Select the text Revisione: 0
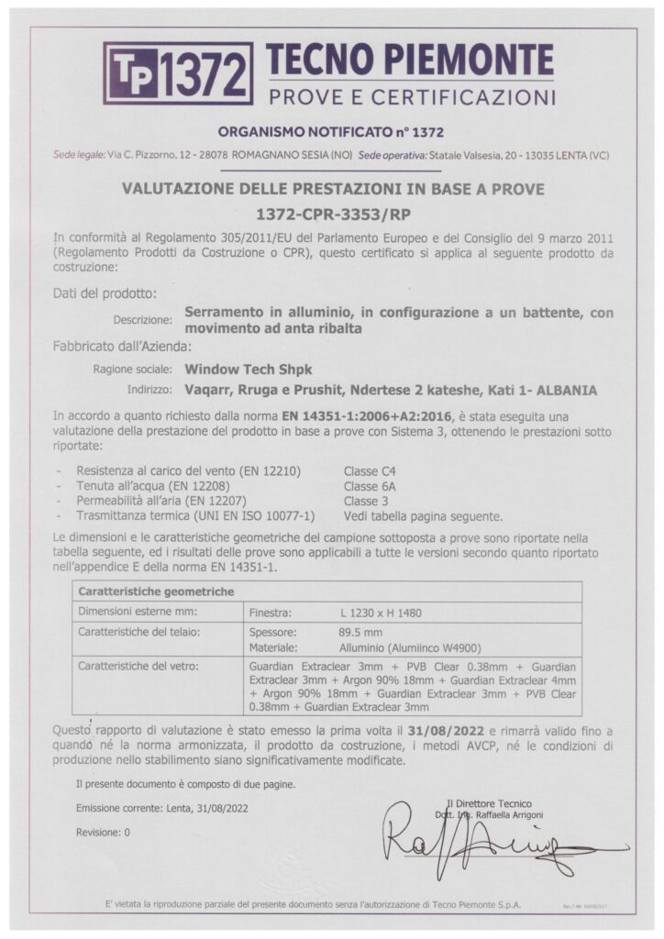pyautogui.click(x=104, y=832)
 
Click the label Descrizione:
pyautogui.click(x=143, y=321)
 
